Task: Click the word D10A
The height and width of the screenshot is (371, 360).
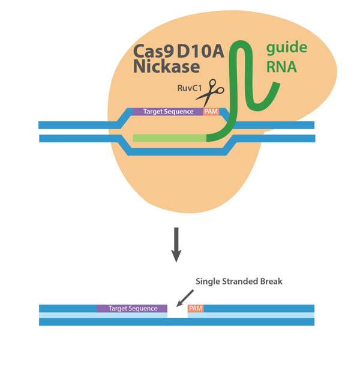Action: point(200,53)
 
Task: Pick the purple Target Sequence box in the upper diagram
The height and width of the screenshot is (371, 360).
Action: point(167,112)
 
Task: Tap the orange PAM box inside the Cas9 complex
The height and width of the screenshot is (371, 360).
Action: point(211,112)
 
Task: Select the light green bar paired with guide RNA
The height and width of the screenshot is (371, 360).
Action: point(169,138)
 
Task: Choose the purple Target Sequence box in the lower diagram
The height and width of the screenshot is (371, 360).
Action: point(132,309)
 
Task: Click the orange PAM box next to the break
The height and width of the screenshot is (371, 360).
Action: point(196,309)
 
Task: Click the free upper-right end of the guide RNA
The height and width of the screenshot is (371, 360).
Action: point(277,84)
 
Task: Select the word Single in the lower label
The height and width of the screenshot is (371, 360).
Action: point(209,282)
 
